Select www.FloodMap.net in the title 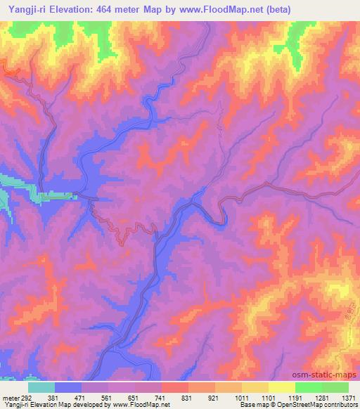212,9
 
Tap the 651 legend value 134,397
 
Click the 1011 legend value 241,397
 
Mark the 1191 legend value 295,397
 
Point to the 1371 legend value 348,397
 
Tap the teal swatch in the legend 41,387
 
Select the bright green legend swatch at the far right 335,387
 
